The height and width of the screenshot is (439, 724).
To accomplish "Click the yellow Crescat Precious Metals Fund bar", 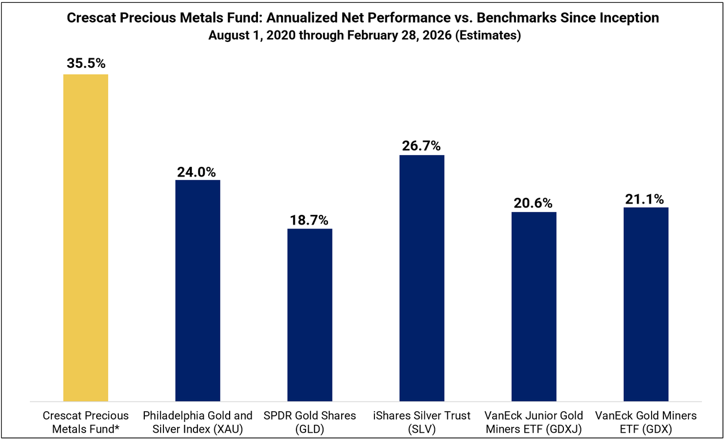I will pyautogui.click(x=85, y=238).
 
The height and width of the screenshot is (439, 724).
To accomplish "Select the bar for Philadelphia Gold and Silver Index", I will pyautogui.click(x=197, y=291).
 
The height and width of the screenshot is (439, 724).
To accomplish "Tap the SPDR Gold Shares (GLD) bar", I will pyautogui.click(x=309, y=315).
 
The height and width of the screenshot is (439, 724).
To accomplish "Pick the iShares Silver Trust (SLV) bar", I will pyautogui.click(x=421, y=278).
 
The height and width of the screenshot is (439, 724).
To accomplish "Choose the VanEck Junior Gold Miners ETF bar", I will pyautogui.click(x=534, y=307).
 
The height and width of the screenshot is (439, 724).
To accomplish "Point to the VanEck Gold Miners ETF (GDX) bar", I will pyautogui.click(x=646, y=304).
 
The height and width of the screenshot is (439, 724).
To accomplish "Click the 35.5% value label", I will pyautogui.click(x=86, y=63).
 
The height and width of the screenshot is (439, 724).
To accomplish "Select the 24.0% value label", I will pyautogui.click(x=197, y=171).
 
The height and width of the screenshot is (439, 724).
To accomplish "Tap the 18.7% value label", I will pyautogui.click(x=309, y=220).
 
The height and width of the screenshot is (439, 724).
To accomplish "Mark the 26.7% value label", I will pyautogui.click(x=421, y=146).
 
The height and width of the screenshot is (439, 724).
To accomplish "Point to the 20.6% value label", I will pyautogui.click(x=534, y=203).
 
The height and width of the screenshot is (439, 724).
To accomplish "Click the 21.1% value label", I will pyautogui.click(x=646, y=199).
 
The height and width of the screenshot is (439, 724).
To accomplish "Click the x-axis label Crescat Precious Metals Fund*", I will pyautogui.click(x=86, y=422).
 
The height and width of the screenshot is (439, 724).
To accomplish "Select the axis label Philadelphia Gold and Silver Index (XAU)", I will pyautogui.click(x=197, y=422).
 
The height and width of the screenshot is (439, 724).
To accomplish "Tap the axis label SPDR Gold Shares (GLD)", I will pyautogui.click(x=309, y=422).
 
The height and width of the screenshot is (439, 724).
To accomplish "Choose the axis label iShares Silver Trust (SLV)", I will pyautogui.click(x=421, y=422).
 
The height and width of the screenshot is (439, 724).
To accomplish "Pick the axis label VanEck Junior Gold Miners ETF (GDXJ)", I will pyautogui.click(x=534, y=422).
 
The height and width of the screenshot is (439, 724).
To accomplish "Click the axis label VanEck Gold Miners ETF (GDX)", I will pyautogui.click(x=646, y=422).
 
